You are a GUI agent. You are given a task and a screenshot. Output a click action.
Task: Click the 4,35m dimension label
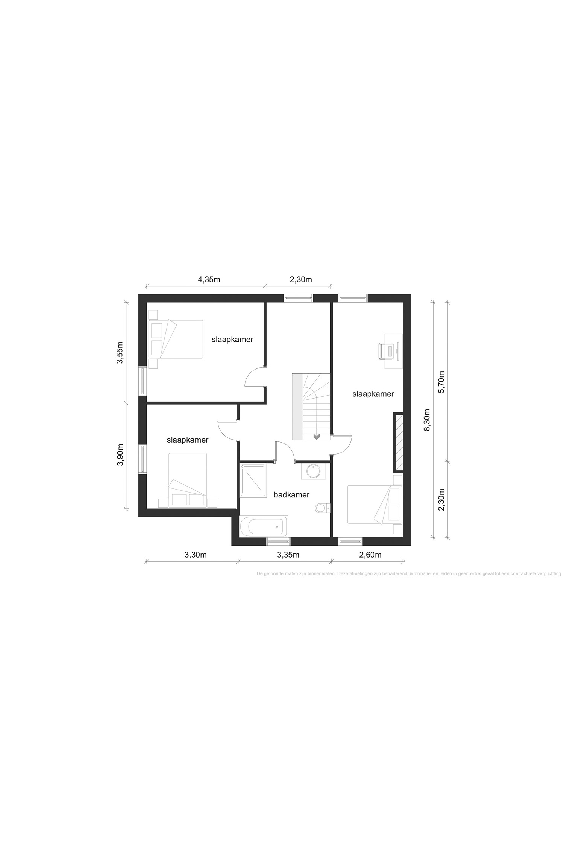(209, 280)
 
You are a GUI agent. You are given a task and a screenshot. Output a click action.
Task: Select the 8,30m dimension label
(427, 420)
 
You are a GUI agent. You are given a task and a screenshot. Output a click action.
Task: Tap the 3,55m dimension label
(120, 353)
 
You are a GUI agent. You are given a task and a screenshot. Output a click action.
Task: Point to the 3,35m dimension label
(288, 555)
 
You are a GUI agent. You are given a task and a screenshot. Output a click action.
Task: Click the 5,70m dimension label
(441, 382)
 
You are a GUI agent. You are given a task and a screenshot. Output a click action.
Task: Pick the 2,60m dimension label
(370, 555)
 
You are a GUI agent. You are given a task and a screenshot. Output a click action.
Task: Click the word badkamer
(291, 495)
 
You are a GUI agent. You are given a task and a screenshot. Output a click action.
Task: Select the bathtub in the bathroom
(264, 526)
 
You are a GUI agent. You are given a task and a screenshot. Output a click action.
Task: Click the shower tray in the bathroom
(253, 481)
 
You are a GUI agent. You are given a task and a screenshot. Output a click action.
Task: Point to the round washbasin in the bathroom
(313, 471)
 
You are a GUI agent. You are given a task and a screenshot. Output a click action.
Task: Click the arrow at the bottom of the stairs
(317, 436)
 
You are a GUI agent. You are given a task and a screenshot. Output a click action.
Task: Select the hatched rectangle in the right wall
(399, 442)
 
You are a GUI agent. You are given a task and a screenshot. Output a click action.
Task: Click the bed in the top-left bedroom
(176, 339)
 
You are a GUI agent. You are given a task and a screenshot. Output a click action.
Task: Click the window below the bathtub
(279, 541)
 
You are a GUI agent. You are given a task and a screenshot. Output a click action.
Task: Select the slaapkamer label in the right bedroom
(373, 394)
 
